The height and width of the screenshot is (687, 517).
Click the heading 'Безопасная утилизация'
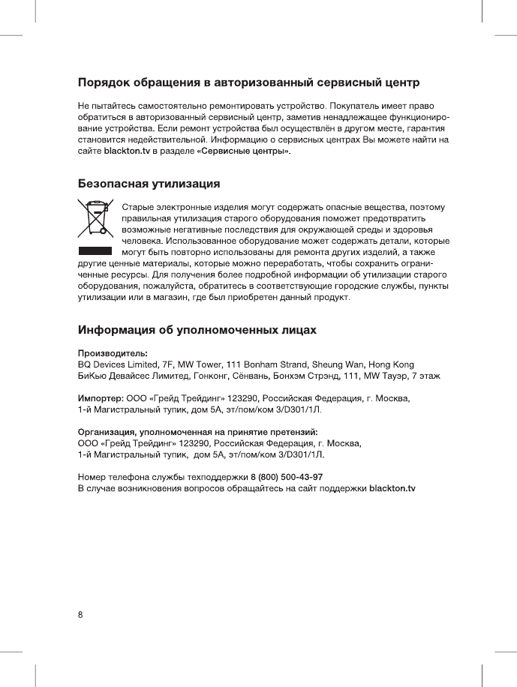coord(149,184)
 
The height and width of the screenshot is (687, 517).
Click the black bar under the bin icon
coord(95,250)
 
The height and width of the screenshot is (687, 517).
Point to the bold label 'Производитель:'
coord(113,352)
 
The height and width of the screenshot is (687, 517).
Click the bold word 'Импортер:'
coord(101,397)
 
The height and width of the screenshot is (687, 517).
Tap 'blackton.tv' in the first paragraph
coord(127,151)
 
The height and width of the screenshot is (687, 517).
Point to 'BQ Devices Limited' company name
coord(116,363)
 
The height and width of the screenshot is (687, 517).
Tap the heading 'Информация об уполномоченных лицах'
coord(197,330)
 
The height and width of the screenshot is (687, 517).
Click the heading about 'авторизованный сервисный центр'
coord(249,80)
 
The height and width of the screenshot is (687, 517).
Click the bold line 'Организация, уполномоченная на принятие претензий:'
coord(199,432)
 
